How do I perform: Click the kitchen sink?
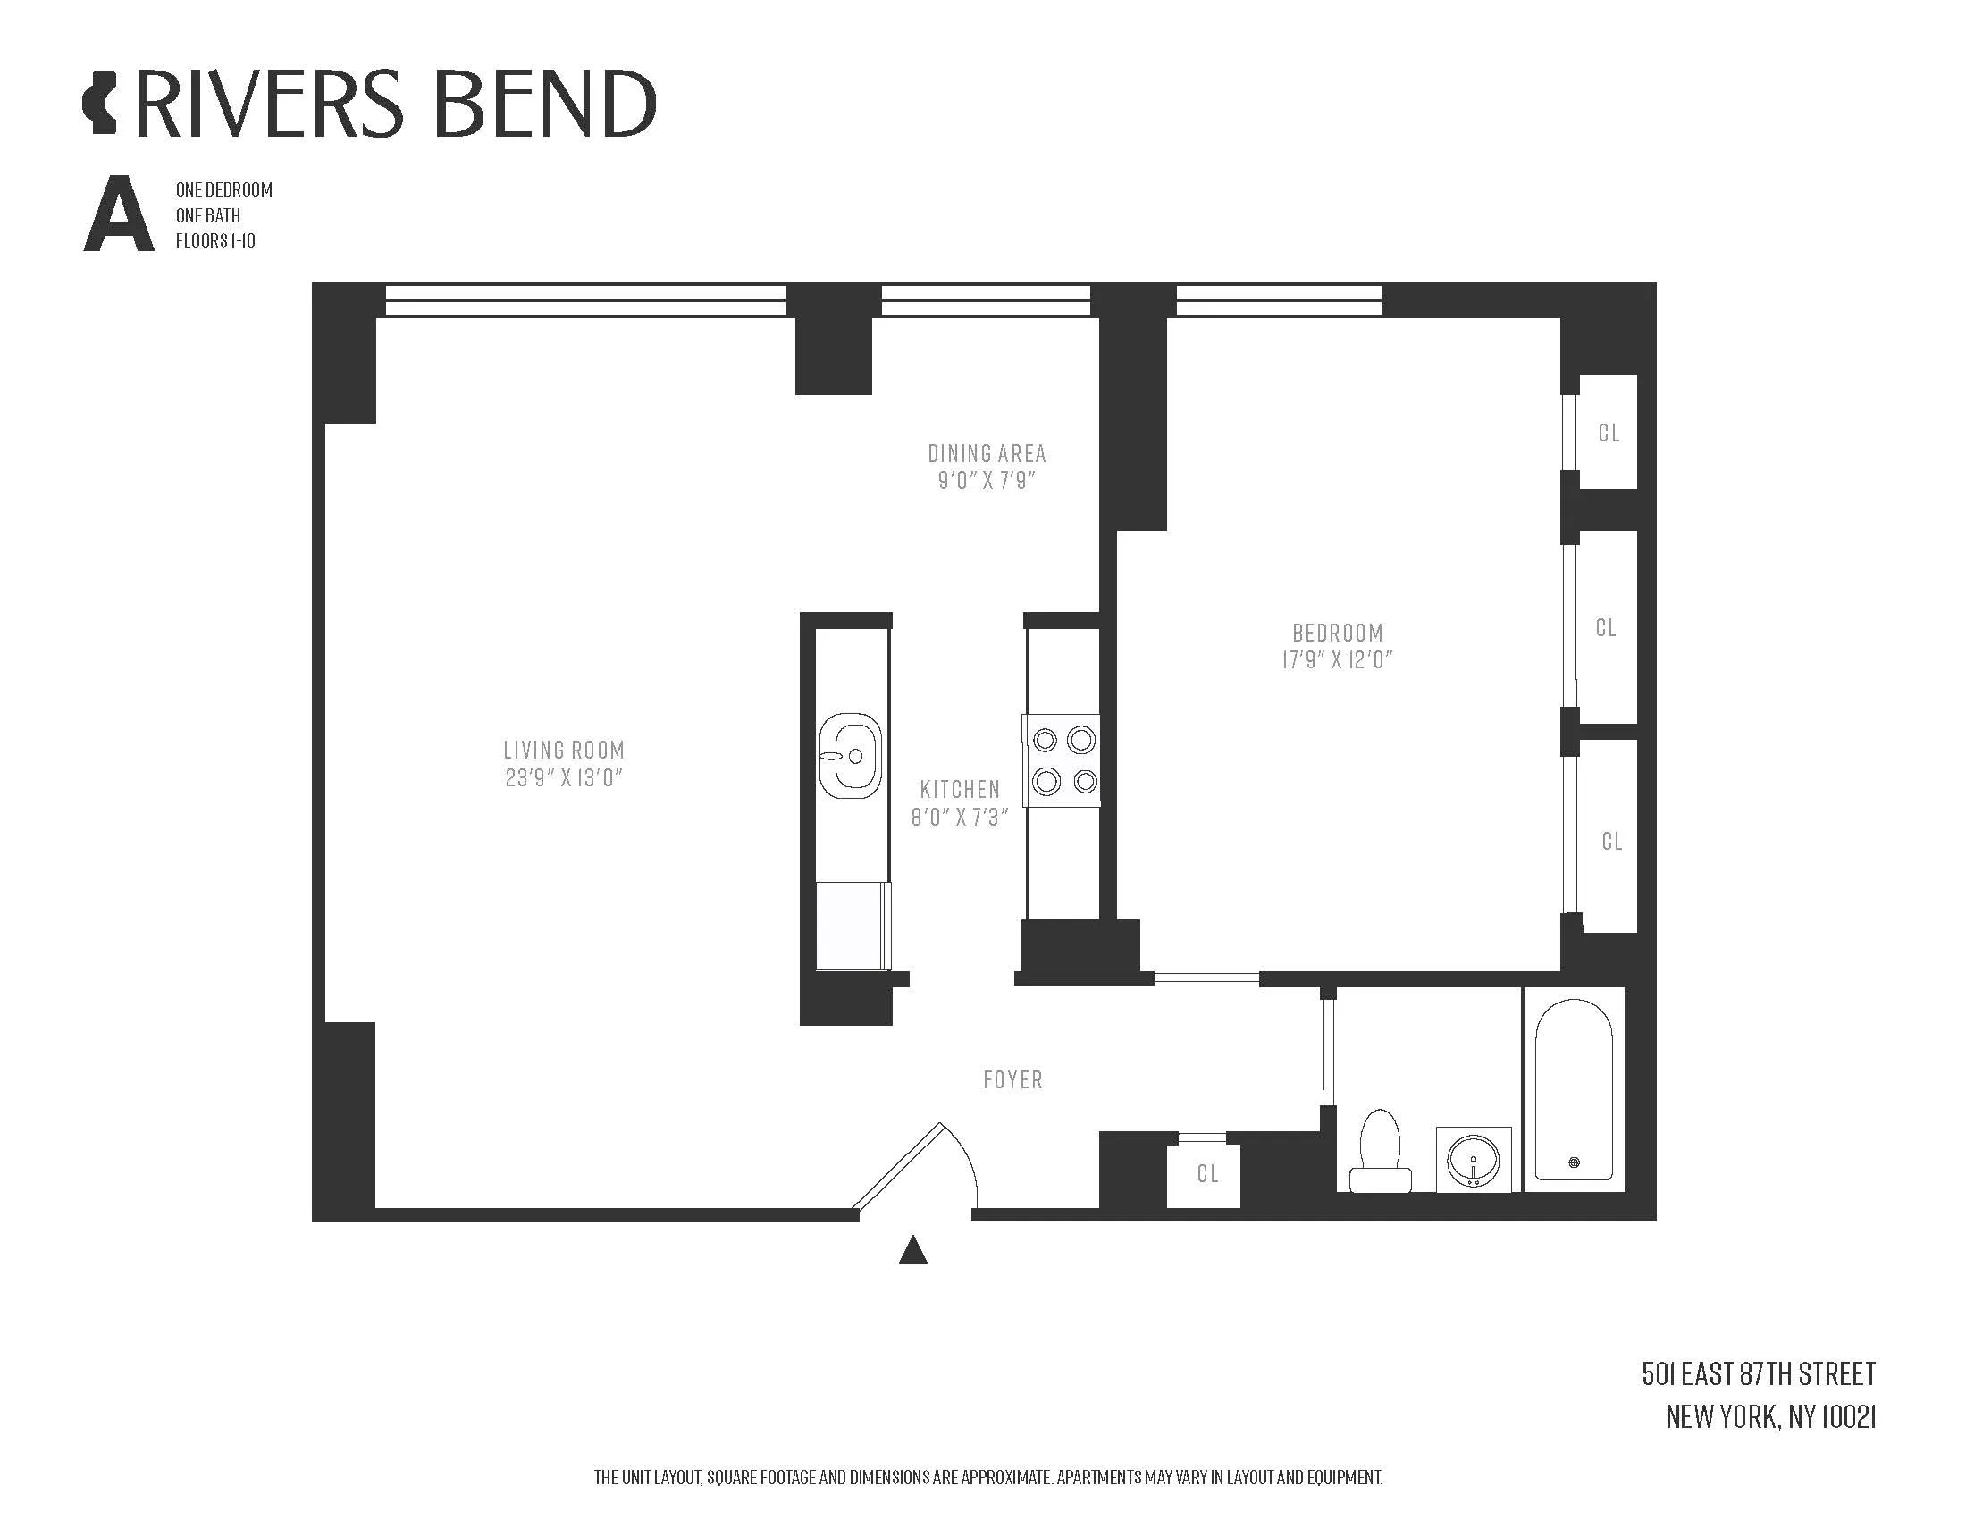pyautogui.click(x=850, y=755)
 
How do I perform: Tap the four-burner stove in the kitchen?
pyautogui.click(x=1062, y=760)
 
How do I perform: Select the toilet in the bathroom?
pyautogui.click(x=1379, y=1151)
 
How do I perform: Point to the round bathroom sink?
pyautogui.click(x=1473, y=1159)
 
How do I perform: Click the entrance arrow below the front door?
pyautogui.click(x=912, y=1250)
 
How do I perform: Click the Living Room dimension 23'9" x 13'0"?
pyautogui.click(x=564, y=778)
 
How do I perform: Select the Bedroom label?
pyautogui.click(x=1338, y=633)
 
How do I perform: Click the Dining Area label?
pyautogui.click(x=987, y=453)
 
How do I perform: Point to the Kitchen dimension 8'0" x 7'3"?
pyautogui.click(x=959, y=817)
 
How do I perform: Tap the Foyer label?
pyautogui.click(x=1012, y=1080)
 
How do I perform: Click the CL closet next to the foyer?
pyautogui.click(x=1207, y=1174)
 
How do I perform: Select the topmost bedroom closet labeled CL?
pyautogui.click(x=1609, y=433)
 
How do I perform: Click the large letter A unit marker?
pyautogui.click(x=119, y=215)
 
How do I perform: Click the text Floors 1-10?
pyautogui.click(x=215, y=241)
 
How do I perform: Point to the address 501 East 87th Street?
pyautogui.click(x=1758, y=1374)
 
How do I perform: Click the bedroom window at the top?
pyautogui.click(x=1278, y=299)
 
